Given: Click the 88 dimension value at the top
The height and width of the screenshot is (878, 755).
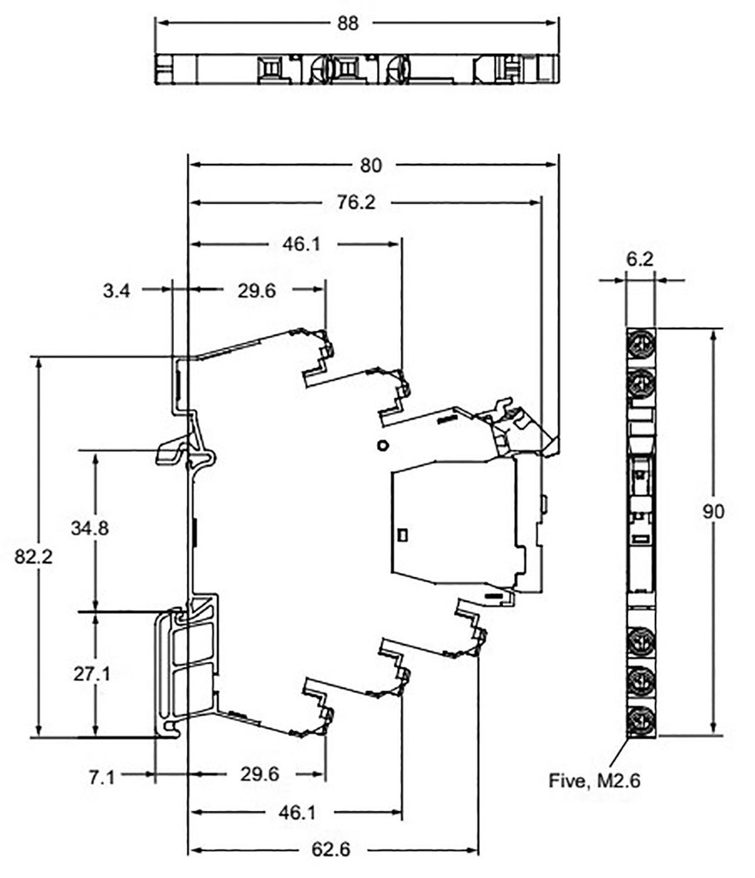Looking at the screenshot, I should [347, 23].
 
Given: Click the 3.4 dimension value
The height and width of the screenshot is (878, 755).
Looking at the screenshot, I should [117, 291].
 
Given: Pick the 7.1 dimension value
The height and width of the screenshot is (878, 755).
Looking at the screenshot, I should [102, 777].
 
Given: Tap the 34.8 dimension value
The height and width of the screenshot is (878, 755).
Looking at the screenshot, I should [90, 528].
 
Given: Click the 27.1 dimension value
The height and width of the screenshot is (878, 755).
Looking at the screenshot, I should [90, 674].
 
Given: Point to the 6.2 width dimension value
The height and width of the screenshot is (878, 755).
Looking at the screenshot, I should [640, 256].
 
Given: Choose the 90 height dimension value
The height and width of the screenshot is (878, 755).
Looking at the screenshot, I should [713, 512].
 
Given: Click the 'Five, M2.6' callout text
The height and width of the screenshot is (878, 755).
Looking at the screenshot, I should [594, 780].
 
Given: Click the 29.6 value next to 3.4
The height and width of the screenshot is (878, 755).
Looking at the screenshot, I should [256, 291].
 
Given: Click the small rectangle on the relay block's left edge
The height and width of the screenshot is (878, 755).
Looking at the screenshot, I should [404, 532].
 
